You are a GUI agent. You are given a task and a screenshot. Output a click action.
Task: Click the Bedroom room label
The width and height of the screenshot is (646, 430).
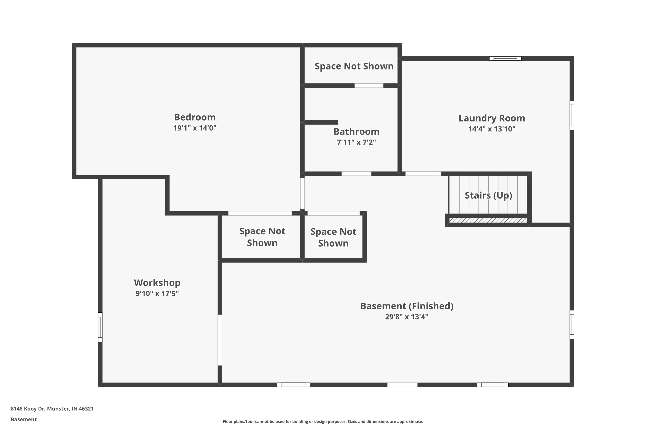[x=195, y=117]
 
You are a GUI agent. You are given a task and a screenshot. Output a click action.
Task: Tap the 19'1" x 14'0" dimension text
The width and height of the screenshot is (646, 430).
[x=195, y=128]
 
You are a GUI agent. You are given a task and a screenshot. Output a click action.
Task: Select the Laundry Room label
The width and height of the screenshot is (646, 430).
[x=492, y=118]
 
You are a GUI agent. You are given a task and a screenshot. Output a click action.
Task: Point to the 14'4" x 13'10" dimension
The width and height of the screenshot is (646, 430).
[x=492, y=129]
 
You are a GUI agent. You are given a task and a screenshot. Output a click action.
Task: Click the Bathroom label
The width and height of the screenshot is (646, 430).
[x=356, y=132]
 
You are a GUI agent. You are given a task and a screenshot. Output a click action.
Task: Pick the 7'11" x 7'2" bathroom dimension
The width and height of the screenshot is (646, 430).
[x=356, y=142]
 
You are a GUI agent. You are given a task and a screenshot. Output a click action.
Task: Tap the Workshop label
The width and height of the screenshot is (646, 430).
[x=157, y=283]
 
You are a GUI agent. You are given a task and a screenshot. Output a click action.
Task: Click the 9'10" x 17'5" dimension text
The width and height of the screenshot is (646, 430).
[x=157, y=293]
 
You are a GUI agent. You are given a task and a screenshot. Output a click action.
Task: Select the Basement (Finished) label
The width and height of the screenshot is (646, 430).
[x=407, y=306]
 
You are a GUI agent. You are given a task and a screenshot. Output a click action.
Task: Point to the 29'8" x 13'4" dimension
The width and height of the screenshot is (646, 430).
[x=407, y=317]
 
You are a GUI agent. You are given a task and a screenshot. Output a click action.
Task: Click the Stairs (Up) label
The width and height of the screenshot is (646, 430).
[x=488, y=195]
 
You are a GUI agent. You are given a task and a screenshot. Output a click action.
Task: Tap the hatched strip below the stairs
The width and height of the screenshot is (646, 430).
[x=488, y=220]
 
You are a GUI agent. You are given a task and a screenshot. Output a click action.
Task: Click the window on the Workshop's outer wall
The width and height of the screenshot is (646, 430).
[x=100, y=327]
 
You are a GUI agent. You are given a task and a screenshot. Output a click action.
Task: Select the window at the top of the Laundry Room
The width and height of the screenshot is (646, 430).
[x=505, y=58]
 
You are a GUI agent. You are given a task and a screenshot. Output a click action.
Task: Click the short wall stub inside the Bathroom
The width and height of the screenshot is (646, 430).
[x=321, y=122]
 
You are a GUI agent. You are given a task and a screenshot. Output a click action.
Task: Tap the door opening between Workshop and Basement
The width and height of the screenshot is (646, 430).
[x=220, y=340]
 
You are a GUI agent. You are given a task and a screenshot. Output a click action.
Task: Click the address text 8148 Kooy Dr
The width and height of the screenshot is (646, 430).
[x=28, y=409]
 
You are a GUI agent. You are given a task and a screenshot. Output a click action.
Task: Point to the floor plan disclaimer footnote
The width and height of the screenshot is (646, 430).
[x=323, y=421]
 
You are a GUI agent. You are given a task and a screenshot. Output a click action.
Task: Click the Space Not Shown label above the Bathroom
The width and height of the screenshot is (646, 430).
[x=354, y=66]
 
